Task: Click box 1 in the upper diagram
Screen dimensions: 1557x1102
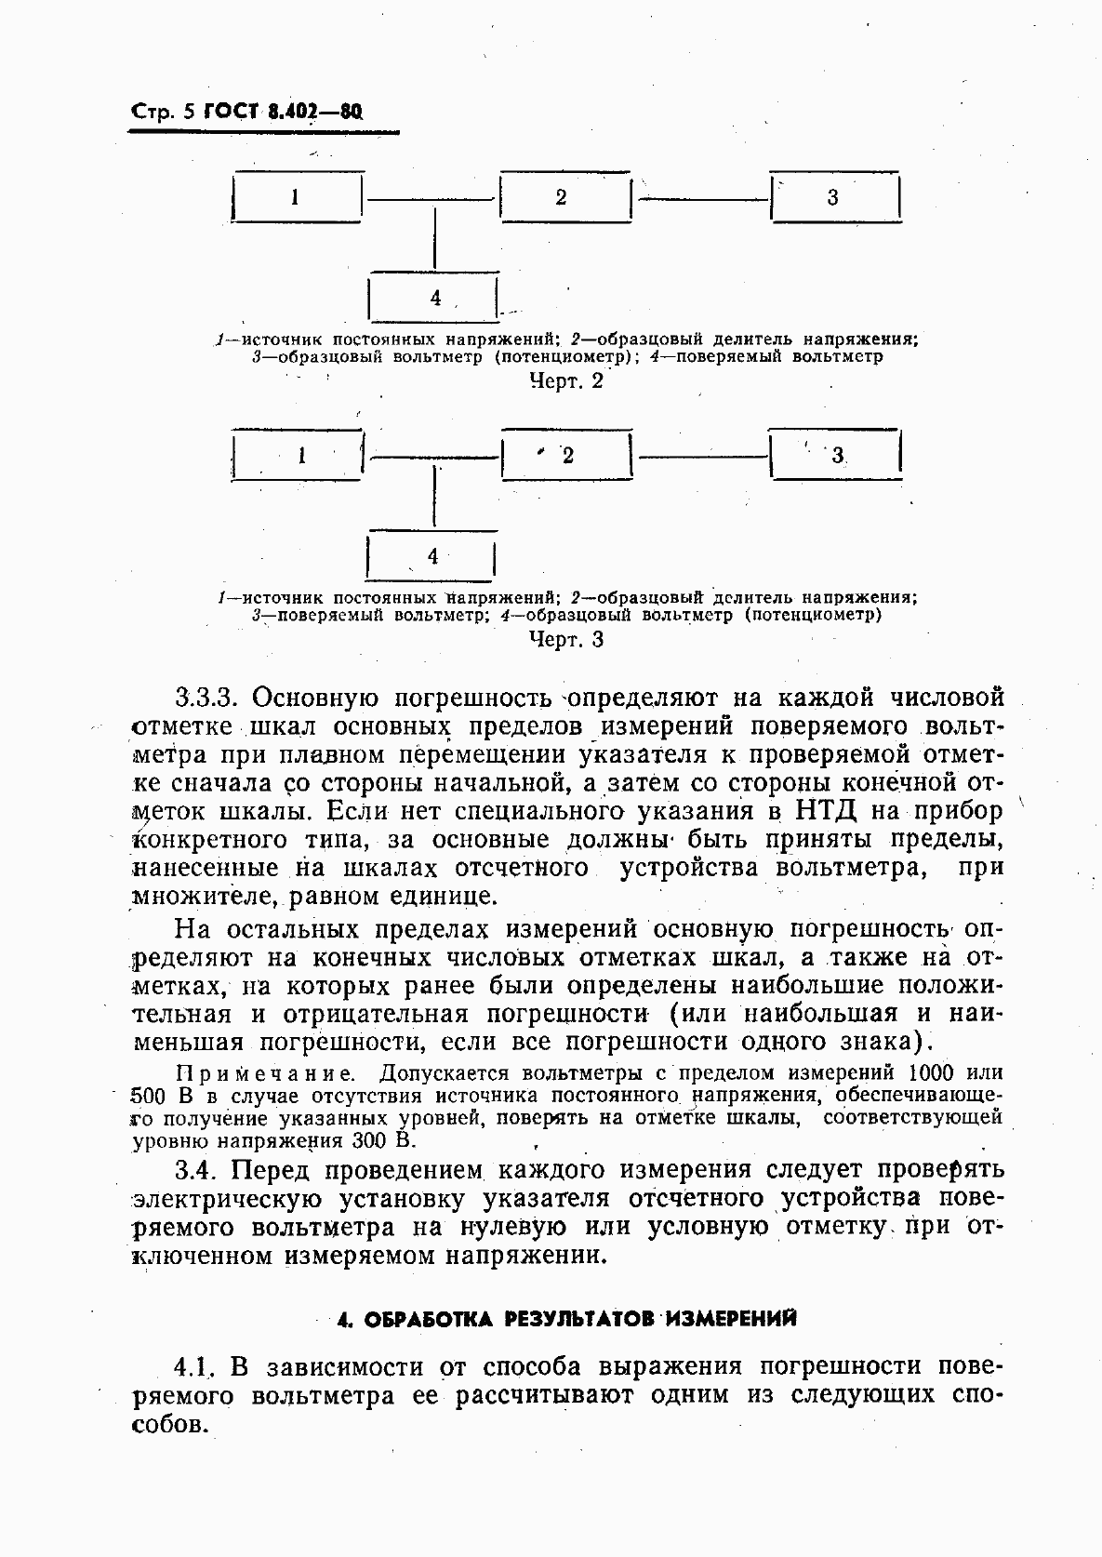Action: pyautogui.click(x=296, y=197)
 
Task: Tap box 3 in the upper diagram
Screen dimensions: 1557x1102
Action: pyautogui.click(x=835, y=197)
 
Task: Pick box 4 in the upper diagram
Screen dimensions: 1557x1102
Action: pyautogui.click(x=433, y=298)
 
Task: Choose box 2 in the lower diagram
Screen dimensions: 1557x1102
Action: pyautogui.click(x=565, y=455)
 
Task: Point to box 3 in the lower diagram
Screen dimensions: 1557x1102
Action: pyautogui.click(x=835, y=455)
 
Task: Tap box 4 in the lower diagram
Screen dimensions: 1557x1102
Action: pyautogui.click(x=431, y=556)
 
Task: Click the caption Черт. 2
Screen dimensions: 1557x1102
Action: pyautogui.click(x=565, y=381)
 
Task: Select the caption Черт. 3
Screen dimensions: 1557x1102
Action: pyautogui.click(x=565, y=640)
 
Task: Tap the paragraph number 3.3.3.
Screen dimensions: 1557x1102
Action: pyautogui.click(x=208, y=697)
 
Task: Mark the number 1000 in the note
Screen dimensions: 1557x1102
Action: pyautogui.click(x=932, y=1071)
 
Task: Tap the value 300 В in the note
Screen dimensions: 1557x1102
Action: pyautogui.click(x=383, y=1139)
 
